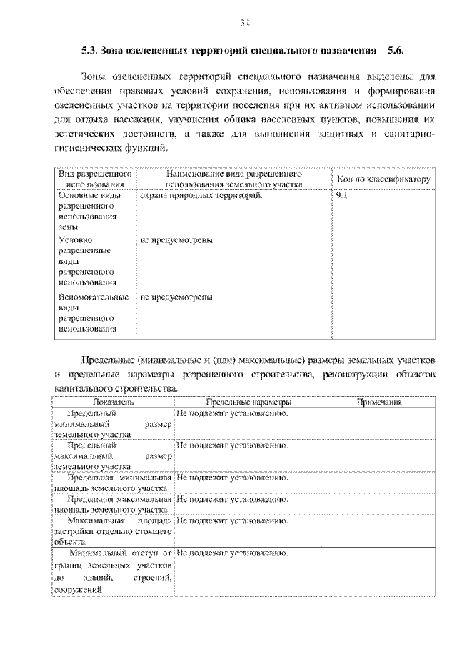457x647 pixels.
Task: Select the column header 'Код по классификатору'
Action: tap(383, 179)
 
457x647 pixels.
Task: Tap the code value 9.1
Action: tap(341, 194)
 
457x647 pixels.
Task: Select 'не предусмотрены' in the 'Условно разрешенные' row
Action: tap(178, 240)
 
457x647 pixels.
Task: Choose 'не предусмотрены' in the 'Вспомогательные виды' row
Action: tap(178, 297)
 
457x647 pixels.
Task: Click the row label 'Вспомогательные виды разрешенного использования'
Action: tap(93, 312)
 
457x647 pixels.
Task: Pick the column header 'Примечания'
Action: tap(378, 402)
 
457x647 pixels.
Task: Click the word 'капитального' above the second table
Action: tap(84, 388)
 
